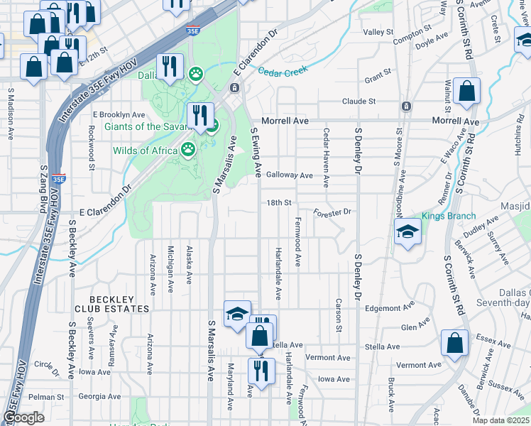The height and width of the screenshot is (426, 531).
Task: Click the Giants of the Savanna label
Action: [146, 126]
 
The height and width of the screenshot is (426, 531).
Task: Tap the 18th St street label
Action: [280, 203]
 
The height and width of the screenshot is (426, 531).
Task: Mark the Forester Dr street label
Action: [332, 212]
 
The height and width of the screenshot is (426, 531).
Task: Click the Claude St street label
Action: [358, 102]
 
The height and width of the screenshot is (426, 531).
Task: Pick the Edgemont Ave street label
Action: [388, 308]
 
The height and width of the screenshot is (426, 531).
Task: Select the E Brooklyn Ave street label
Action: [119, 114]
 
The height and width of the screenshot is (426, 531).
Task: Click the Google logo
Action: [24, 417]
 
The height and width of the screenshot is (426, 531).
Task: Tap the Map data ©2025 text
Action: [500, 420]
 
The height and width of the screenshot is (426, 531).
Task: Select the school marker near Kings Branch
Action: [407, 231]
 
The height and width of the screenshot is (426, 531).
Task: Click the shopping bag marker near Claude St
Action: [466, 92]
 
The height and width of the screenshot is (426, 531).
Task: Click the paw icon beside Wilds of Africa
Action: [187, 149]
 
